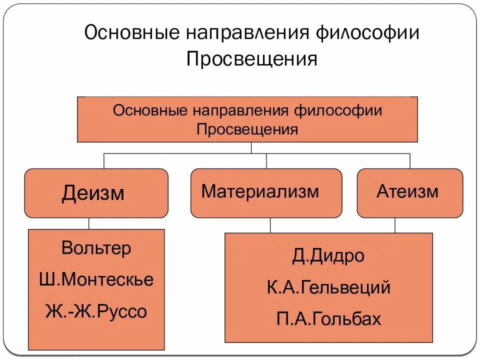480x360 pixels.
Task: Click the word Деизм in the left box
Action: click(93, 193)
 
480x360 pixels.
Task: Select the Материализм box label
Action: click(260, 191)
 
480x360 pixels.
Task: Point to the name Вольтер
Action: click(96, 248)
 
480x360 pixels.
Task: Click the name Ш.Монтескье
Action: click(96, 280)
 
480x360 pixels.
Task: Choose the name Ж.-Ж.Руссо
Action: click(96, 312)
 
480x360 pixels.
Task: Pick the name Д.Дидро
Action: click(328, 256)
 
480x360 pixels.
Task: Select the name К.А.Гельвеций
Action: click(328, 287)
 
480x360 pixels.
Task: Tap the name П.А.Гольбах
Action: click(328, 318)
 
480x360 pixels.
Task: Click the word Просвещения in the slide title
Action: click(252, 59)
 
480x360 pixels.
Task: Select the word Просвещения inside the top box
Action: click(247, 130)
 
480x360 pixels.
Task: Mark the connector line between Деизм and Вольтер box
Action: click(89, 223)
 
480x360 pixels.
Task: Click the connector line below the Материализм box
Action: click(270, 225)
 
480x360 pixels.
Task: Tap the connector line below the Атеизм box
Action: click(394, 225)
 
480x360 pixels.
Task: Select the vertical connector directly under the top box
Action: click(251, 147)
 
